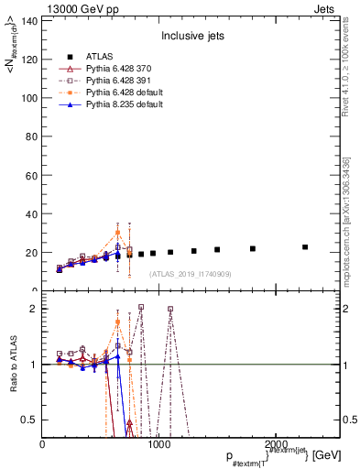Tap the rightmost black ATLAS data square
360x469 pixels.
click(x=305, y=247)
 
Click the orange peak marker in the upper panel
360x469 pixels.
click(x=117, y=232)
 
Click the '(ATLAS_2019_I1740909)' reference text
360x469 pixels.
click(x=190, y=274)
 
